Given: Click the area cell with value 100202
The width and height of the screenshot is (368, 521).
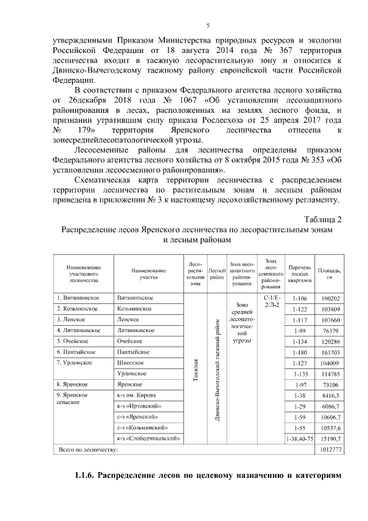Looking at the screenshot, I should [332, 299].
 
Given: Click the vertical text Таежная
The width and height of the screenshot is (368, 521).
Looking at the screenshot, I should [195, 366].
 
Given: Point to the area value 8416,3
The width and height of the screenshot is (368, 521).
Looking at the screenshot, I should [331, 395].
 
